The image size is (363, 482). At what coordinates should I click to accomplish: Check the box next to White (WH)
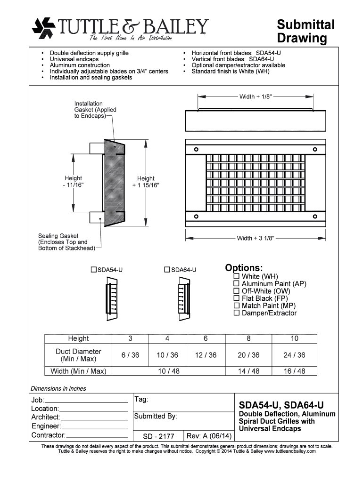point(237,276)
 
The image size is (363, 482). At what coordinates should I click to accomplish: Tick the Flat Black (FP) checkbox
point(237,298)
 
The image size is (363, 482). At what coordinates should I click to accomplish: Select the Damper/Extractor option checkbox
point(237,313)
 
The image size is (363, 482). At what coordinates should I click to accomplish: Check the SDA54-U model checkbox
point(93,270)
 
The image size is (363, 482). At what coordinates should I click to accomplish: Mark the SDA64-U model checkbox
point(167,270)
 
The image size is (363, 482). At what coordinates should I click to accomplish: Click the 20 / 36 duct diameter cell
point(248,355)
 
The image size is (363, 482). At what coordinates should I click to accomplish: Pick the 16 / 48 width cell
point(294,371)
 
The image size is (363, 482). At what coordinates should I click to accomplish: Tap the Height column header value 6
point(206,338)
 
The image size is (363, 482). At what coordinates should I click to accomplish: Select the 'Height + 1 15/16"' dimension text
point(146,182)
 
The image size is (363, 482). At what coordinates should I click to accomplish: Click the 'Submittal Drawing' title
point(305,31)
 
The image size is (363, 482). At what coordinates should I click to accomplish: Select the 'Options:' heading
point(244,268)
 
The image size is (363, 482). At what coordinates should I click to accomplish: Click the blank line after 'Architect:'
point(94,418)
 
